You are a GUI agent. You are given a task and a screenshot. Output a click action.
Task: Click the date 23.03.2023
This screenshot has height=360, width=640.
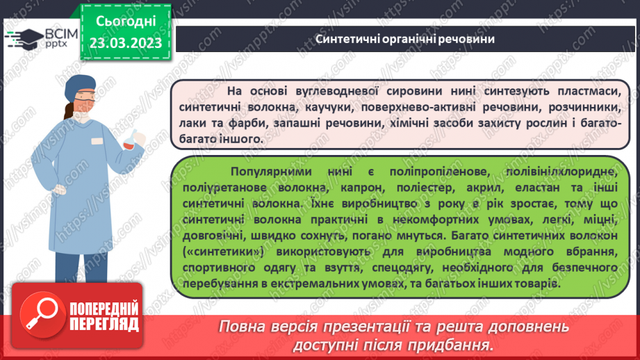click(125, 43)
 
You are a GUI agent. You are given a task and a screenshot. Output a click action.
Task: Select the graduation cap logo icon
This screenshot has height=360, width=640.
click(24, 39)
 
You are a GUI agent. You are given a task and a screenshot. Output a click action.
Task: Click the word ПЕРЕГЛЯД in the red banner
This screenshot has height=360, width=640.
click(104, 324)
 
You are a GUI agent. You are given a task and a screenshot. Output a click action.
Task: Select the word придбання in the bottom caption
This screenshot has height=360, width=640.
click(455, 345)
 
